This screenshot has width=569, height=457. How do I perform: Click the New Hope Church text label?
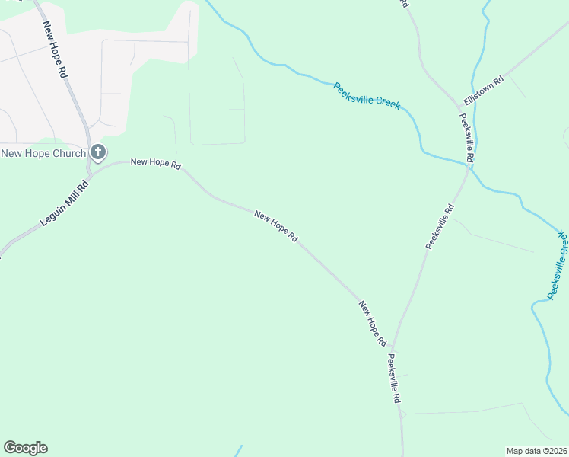(43, 153)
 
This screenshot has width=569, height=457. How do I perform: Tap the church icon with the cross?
(97, 153)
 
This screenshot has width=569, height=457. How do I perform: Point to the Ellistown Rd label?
(484, 91)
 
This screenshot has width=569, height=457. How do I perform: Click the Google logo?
(25, 448)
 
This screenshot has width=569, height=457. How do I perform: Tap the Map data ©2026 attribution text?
(537, 451)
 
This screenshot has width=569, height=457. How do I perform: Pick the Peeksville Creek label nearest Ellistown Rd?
(367, 96)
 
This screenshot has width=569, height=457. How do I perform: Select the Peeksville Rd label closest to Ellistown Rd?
(467, 137)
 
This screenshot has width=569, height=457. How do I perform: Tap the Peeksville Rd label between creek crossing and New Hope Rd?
(440, 226)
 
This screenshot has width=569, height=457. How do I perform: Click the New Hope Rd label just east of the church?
(155, 163)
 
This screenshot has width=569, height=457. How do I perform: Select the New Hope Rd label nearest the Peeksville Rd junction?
(373, 324)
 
